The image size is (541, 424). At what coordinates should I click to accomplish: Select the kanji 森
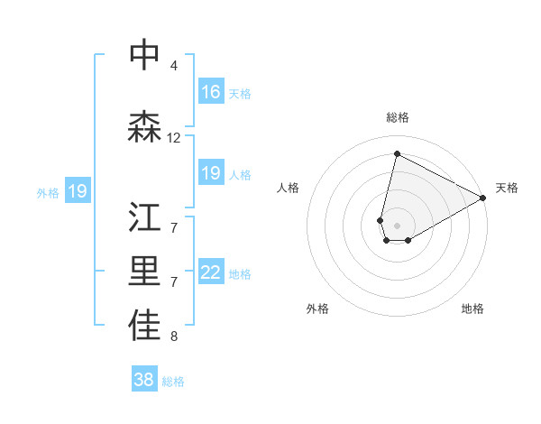[145, 127]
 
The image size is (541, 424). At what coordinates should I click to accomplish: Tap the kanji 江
[145, 217]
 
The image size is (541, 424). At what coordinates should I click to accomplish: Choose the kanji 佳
[145, 327]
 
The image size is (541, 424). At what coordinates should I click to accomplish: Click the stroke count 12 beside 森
[174, 138]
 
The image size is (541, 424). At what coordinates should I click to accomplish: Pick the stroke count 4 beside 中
[174, 66]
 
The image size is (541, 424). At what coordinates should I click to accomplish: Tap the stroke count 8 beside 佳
[174, 337]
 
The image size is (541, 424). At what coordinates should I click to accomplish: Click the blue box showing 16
[211, 92]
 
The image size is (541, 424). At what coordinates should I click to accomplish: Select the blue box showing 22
[211, 273]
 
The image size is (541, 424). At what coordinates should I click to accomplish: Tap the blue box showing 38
[144, 380]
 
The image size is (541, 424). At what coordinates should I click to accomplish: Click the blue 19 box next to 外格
[77, 191]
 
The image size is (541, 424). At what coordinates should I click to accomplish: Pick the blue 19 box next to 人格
[211, 173]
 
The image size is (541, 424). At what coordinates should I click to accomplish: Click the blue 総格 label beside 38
[173, 382]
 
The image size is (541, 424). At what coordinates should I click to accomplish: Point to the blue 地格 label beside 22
[241, 274]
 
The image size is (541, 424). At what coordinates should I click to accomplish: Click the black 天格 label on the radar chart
[507, 188]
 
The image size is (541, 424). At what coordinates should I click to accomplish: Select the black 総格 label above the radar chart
[398, 117]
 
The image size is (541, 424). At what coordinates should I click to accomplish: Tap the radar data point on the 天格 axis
[484, 198]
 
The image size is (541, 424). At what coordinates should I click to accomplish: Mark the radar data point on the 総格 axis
[397, 154]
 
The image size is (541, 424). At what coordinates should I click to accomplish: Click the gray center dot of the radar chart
[397, 225]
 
